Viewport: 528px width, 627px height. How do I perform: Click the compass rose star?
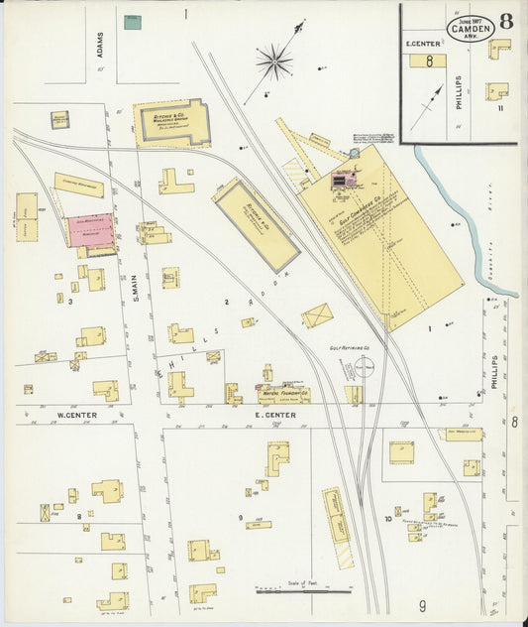click(274, 63)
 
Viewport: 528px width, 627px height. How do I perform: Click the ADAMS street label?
click(100, 46)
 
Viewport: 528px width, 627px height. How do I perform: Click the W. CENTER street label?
click(74, 415)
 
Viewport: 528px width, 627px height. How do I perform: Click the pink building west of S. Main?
click(90, 230)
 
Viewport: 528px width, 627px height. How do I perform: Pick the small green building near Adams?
click(132, 21)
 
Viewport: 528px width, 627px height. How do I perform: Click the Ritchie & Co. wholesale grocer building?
click(171, 122)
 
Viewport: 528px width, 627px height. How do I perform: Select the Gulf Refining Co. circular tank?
click(364, 370)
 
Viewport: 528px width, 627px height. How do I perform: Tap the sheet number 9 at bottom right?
click(421, 605)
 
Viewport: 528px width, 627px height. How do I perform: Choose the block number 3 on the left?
click(70, 300)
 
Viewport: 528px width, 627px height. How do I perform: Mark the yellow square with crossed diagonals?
click(317, 316)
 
